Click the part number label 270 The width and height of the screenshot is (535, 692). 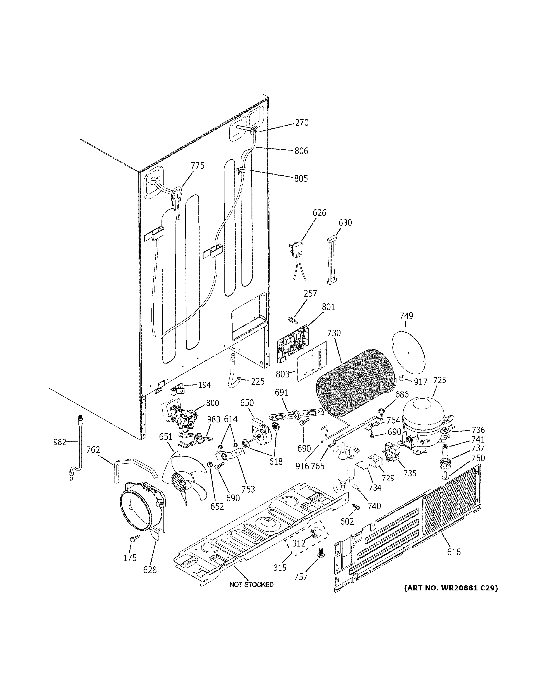(x=301, y=123)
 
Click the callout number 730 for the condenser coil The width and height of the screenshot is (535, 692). (x=334, y=333)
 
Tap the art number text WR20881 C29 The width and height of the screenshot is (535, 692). (x=451, y=588)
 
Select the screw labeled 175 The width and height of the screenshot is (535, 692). (x=135, y=538)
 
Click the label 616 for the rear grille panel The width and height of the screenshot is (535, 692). (x=453, y=552)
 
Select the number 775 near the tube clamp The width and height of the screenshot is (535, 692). (x=197, y=166)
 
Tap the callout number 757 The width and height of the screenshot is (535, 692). (x=301, y=577)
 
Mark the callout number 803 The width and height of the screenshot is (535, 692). (x=282, y=374)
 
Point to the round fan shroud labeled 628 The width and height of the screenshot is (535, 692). (x=139, y=510)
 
